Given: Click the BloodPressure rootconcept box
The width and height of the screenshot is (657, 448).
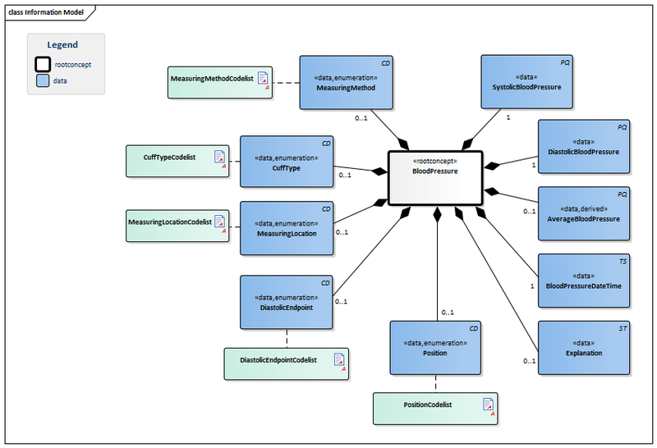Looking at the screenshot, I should click(434, 176).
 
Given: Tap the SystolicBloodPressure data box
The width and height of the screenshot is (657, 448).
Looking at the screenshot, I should click(526, 82).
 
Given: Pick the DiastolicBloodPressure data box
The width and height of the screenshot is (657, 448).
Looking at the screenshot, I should click(583, 147).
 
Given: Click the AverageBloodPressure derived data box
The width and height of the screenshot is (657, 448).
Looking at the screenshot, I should click(583, 213).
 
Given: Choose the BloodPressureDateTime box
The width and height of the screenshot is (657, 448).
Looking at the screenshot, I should click(583, 281).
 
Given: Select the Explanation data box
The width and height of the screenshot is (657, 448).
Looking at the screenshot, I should click(583, 348).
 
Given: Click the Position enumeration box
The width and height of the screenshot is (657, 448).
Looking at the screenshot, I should click(434, 348).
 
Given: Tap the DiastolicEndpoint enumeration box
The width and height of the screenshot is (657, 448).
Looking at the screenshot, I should click(287, 303).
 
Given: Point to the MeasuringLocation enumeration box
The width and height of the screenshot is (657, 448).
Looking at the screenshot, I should click(287, 228).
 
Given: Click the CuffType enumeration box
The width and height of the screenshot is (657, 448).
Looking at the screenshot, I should click(287, 162).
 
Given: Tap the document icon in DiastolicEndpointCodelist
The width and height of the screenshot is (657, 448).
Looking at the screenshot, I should click(338, 361).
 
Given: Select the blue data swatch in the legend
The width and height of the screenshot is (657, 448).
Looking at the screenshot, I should click(42, 80).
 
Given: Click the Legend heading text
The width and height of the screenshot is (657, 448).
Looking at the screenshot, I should click(62, 45).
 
